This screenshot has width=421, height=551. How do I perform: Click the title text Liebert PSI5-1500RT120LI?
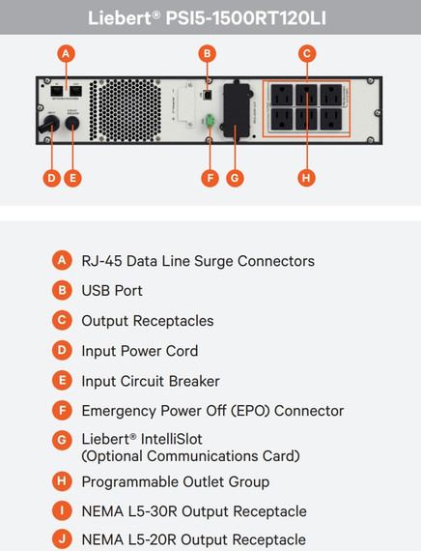click(x=210, y=17)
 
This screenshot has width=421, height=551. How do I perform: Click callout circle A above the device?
click(x=65, y=54)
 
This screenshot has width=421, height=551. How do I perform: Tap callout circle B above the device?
click(x=206, y=54)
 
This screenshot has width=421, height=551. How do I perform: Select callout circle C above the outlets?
click(x=306, y=54)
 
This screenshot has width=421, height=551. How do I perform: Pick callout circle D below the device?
click(x=51, y=178)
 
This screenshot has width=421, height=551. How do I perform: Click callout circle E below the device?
click(x=71, y=178)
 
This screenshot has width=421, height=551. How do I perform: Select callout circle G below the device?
click(x=235, y=178)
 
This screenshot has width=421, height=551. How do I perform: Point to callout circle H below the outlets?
click(x=306, y=178)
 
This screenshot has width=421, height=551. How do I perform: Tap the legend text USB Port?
click(x=111, y=291)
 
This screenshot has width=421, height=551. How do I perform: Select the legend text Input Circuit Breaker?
click(x=150, y=381)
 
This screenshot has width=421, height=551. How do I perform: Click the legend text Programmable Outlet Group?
click(x=175, y=481)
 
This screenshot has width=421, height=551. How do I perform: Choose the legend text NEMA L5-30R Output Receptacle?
click(x=193, y=511)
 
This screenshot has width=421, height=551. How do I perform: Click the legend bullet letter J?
click(x=62, y=539)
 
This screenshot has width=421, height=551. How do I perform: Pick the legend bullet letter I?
click(x=62, y=511)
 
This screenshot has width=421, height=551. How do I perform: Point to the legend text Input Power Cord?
click(x=139, y=351)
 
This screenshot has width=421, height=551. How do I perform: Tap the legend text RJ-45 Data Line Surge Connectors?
click(x=197, y=261)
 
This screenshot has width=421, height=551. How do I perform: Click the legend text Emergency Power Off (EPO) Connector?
click(x=212, y=411)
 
